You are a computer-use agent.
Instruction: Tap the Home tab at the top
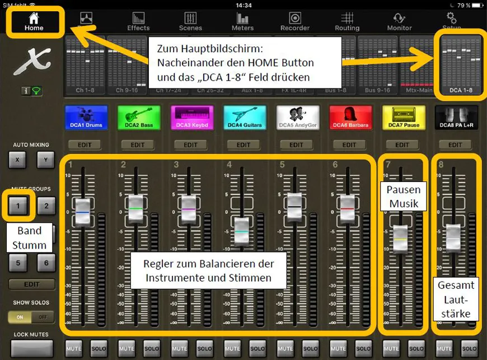click(34, 21)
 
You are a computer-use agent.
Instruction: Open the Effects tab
click(138, 21)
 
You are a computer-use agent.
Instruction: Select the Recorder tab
click(295, 21)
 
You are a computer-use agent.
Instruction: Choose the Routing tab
click(347, 21)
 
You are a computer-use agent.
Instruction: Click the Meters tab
click(242, 21)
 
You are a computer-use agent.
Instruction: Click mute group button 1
click(18, 206)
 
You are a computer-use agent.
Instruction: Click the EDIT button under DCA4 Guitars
click(243, 144)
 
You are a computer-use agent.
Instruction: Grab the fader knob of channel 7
click(401, 236)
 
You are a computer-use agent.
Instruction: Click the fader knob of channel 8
click(453, 236)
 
